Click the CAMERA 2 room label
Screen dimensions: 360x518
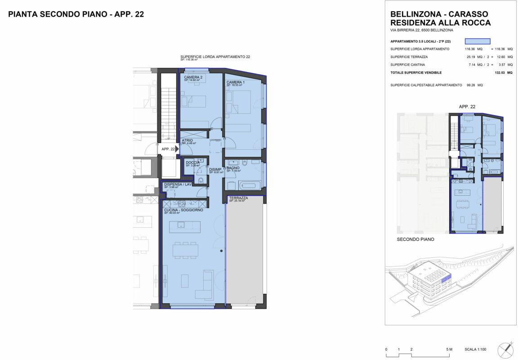click(193, 77)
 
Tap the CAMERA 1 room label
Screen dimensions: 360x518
click(236, 82)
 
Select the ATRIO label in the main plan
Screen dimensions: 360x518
click(187, 140)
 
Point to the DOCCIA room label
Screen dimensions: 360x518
click(192, 162)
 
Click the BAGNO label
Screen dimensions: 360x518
click(233, 168)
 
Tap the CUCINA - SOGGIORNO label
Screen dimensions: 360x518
click(183, 210)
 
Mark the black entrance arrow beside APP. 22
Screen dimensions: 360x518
click(177, 149)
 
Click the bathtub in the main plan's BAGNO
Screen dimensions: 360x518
click(247, 184)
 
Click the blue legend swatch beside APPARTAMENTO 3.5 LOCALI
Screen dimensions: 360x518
click(477, 41)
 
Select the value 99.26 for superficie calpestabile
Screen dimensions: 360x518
click(472, 85)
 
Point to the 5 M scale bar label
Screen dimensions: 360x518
click(449, 350)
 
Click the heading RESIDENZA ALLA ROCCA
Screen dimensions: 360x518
click(441, 22)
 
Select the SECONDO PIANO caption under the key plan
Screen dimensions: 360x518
click(415, 239)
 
